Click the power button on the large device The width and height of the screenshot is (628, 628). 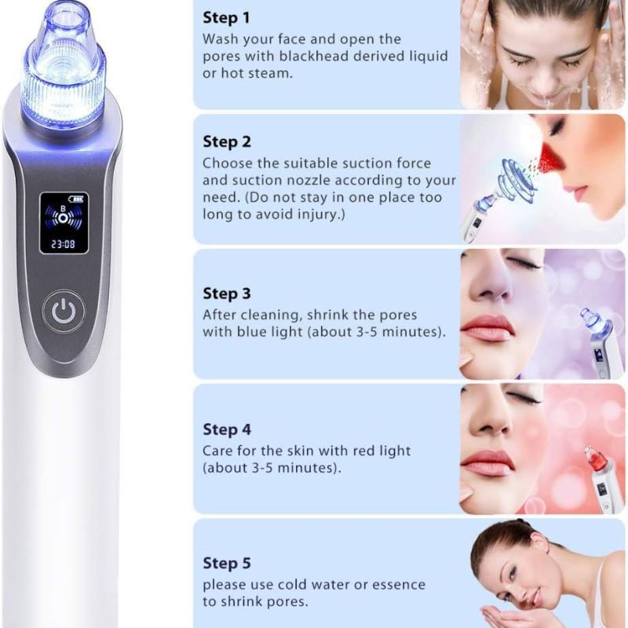64,312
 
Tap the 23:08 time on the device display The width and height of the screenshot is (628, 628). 64,244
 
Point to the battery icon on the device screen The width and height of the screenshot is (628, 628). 75,199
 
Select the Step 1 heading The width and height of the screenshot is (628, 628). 226,18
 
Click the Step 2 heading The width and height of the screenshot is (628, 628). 227,142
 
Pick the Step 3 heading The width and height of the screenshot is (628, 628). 227,294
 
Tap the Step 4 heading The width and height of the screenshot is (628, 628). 227,429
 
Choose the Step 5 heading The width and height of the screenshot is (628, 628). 227,563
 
